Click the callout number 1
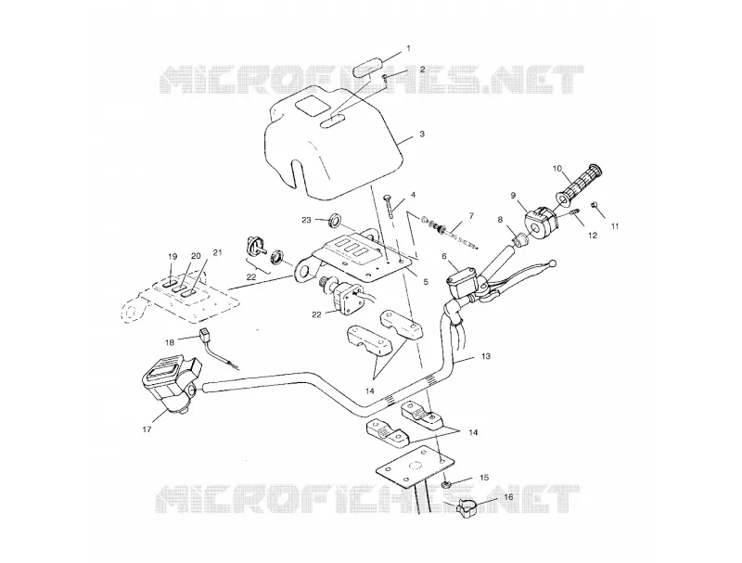pos(409,48)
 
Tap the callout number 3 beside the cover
pos(422,134)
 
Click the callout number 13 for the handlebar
pos(486,356)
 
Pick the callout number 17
pos(147,429)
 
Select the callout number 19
pos(173,256)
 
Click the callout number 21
pos(217,253)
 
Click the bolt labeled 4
pos(390,206)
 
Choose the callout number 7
pos(471,216)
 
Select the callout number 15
pos(483,478)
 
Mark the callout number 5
pos(426,282)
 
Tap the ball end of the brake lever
pos(551,262)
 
